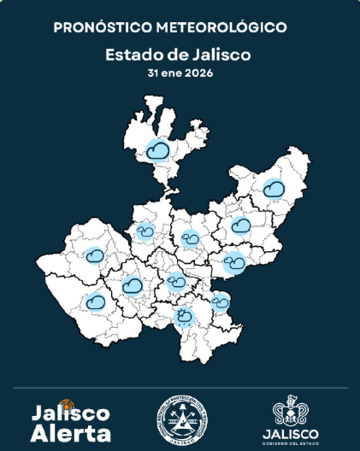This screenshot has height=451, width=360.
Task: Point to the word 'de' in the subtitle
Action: pos(178,56)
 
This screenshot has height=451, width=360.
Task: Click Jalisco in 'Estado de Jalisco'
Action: pos(222,56)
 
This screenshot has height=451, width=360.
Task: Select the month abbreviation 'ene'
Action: pos(173,73)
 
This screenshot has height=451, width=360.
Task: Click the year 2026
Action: pos(198,73)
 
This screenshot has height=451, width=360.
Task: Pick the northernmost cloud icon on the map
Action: pos(156,150)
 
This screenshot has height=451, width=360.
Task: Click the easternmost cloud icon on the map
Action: pos(274,187)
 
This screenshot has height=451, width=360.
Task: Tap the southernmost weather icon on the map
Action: pos(184,318)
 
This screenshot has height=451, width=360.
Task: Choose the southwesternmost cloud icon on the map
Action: pos(96,301)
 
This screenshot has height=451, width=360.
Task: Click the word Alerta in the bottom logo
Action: pos(71,433)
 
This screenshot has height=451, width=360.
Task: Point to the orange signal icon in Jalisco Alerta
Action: pos(70,404)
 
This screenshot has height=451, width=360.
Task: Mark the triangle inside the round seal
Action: pos(182,419)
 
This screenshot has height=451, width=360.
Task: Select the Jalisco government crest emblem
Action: pos(291,412)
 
